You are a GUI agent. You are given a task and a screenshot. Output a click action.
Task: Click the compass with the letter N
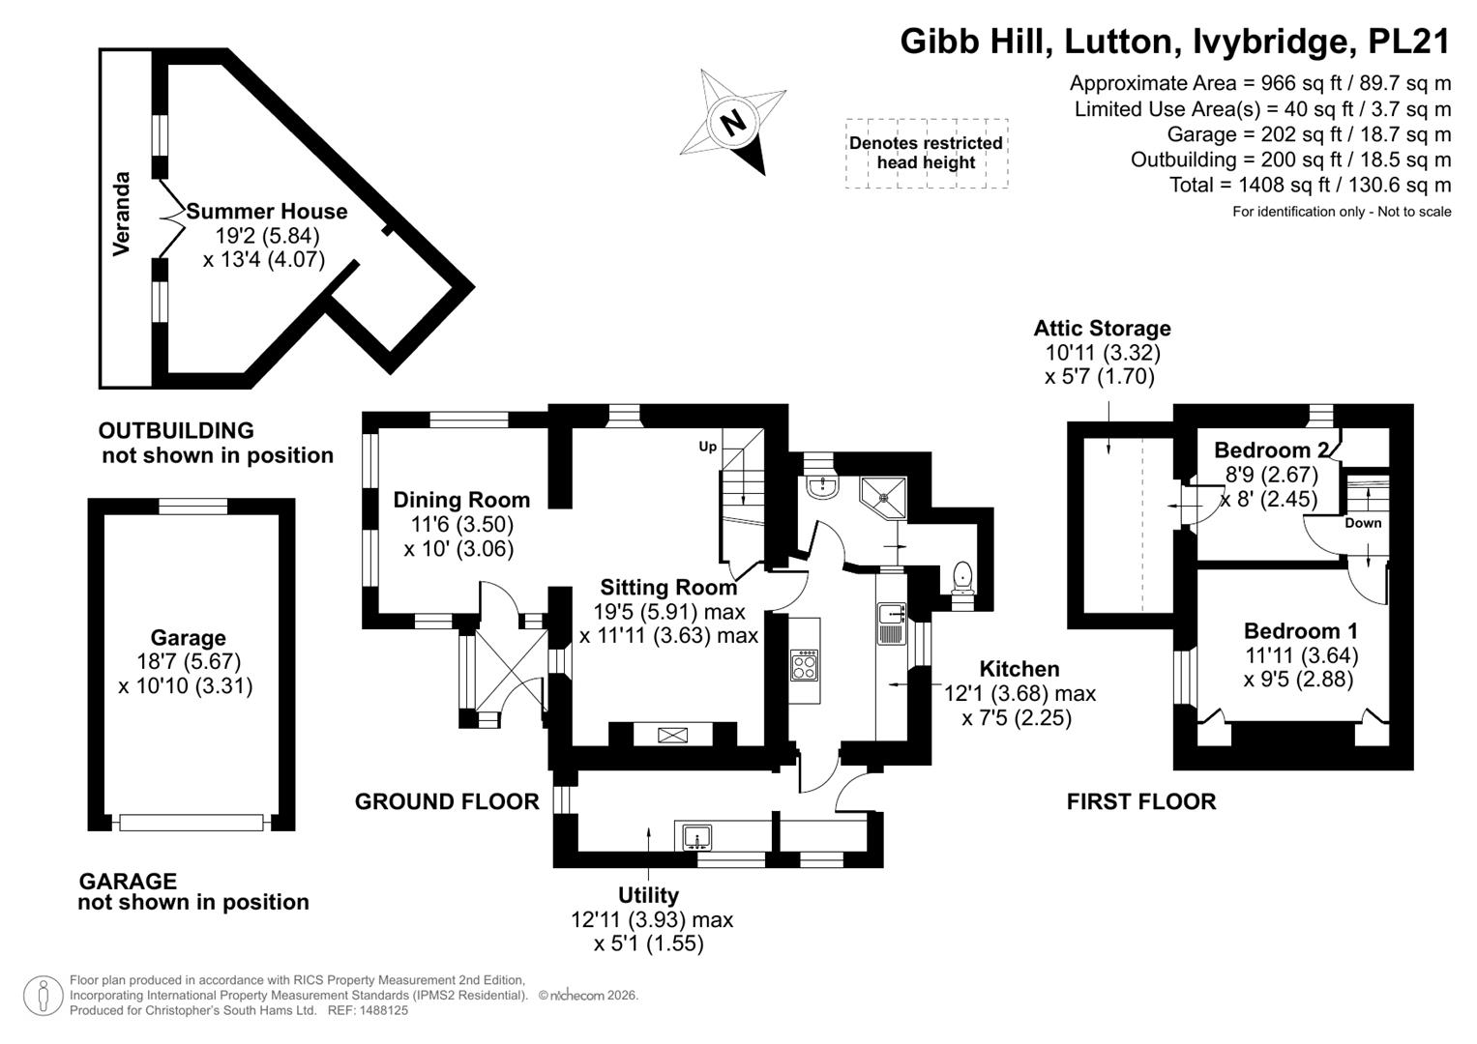point(733,123)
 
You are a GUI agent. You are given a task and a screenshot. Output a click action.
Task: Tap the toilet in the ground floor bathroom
point(962,578)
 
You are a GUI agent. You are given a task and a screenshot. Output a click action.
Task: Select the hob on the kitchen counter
point(805,665)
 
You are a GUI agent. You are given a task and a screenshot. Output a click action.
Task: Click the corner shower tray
point(882,498)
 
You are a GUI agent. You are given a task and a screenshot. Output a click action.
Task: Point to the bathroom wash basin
point(821,486)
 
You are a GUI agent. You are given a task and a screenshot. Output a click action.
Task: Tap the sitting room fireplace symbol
point(672,735)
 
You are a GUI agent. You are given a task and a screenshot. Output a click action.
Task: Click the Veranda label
point(121,214)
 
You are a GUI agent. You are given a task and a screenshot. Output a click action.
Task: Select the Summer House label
point(266,211)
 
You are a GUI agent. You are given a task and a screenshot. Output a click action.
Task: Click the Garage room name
point(188,637)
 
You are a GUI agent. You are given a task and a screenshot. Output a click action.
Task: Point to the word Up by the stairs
point(707,447)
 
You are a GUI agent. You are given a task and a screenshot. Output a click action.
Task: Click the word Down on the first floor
point(1363,523)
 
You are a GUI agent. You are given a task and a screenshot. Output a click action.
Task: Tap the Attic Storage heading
point(1103,328)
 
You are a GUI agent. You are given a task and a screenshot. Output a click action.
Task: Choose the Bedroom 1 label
point(1300,630)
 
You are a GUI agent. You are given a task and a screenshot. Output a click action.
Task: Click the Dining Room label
point(461,500)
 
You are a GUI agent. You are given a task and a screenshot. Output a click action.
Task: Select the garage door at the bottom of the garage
point(192,822)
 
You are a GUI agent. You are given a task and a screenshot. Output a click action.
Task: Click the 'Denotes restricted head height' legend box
point(927,154)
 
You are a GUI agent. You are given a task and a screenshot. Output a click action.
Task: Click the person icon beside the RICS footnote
point(43,996)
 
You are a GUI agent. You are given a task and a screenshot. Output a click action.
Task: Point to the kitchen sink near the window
point(892,623)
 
